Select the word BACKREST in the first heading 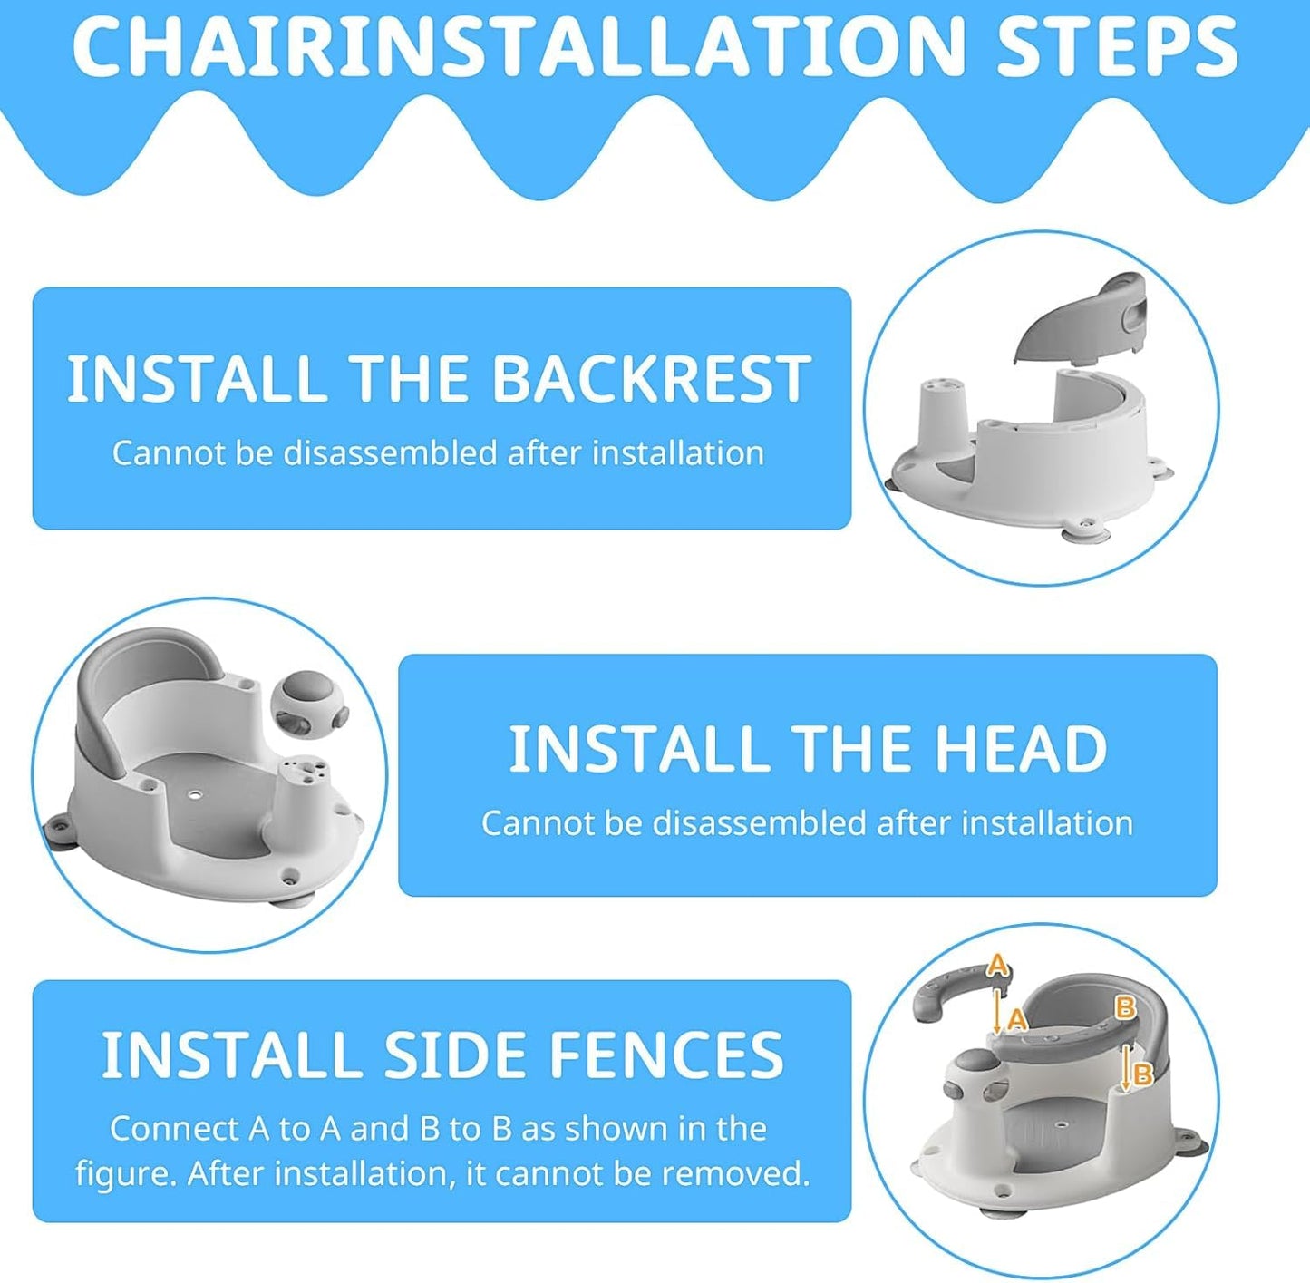[651, 378]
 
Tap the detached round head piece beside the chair [309, 705]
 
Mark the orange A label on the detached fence [996, 966]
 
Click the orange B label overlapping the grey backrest [1125, 1007]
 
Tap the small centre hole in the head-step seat [197, 793]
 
